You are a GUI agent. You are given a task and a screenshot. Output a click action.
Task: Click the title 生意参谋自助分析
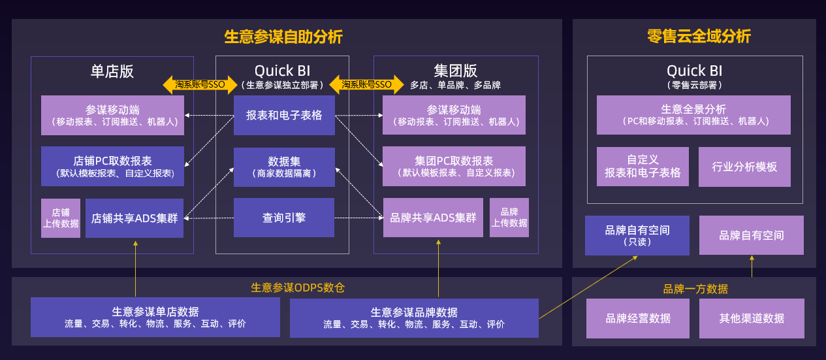[x=283, y=37]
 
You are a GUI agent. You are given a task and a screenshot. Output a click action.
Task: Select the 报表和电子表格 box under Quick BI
[x=284, y=116]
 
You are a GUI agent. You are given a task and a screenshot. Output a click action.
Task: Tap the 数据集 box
[x=284, y=167]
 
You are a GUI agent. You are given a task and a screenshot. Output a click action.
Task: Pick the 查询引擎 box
[x=284, y=218]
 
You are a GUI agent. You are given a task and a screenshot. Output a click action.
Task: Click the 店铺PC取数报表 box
[x=113, y=167]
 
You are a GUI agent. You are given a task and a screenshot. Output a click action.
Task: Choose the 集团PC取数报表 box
[x=454, y=167]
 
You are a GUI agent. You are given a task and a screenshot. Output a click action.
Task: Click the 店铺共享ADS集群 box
[x=135, y=218]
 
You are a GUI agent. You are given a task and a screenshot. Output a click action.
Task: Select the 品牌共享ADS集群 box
[x=433, y=218]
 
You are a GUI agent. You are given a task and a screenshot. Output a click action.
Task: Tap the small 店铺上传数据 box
[x=61, y=218]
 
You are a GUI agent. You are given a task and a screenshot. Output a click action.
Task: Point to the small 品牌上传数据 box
[x=509, y=218]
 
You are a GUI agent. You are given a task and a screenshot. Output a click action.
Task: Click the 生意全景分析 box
[x=693, y=115]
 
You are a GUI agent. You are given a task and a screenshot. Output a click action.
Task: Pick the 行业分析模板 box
[x=744, y=167]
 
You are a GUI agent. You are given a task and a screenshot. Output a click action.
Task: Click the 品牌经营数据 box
[x=638, y=318]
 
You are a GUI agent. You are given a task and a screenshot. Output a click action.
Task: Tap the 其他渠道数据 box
[x=752, y=318]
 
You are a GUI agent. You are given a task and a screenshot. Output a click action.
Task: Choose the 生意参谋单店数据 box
[x=155, y=318]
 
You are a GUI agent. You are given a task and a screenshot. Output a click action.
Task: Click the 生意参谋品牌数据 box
[x=414, y=318]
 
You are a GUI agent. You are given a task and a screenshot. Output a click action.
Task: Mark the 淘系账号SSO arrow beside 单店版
[x=200, y=84]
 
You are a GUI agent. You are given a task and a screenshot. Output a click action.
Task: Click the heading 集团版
[x=456, y=71]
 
